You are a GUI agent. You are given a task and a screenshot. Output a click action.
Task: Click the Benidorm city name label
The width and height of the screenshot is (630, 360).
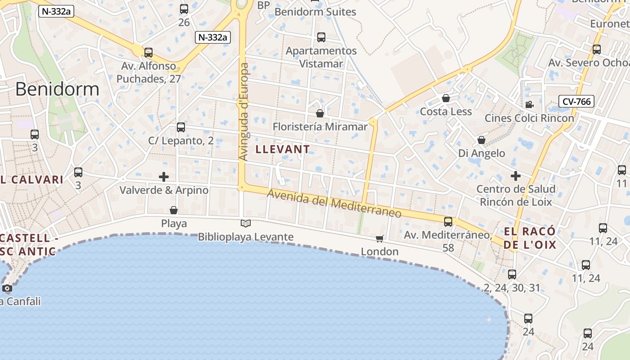click(57, 89)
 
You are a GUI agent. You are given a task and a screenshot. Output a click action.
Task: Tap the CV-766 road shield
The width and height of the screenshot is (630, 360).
click(576, 101)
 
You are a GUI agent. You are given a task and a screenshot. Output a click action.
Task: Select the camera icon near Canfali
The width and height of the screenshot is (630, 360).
click(7, 288)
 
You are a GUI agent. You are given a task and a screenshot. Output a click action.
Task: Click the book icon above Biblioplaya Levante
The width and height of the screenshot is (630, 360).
click(245, 223)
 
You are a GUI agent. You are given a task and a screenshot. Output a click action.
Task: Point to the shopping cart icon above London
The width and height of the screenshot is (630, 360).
click(380, 238)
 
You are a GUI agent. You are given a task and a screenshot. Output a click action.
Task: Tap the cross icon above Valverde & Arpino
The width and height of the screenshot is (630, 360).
click(164, 176)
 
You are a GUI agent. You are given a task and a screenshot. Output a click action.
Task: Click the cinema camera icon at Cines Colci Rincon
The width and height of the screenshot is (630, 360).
click(529, 104)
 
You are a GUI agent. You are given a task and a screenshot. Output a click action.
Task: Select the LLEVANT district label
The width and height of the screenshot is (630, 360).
click(283, 149)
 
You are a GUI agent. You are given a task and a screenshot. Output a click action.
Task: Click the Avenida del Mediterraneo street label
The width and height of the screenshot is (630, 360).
click(334, 203)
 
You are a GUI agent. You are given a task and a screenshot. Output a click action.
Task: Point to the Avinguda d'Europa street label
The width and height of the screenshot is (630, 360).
click(243, 112)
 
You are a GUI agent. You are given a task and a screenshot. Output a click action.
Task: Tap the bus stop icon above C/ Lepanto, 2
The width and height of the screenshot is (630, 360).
click(181, 127)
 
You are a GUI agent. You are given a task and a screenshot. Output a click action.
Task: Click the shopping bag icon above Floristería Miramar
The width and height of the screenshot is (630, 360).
click(320, 113)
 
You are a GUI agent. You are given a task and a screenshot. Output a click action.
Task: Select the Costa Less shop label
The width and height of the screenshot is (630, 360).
click(445, 112)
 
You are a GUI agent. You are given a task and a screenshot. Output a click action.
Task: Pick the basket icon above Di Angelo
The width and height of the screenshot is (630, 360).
click(481, 140)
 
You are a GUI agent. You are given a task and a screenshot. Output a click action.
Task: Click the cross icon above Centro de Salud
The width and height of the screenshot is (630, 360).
click(516, 175)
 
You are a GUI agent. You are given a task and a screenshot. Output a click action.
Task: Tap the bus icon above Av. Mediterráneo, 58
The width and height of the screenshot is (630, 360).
click(448, 221)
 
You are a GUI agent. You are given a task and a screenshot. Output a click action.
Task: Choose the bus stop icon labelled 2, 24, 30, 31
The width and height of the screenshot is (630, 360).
click(512, 274)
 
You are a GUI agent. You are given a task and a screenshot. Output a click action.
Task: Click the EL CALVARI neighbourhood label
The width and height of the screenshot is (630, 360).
click(31, 180)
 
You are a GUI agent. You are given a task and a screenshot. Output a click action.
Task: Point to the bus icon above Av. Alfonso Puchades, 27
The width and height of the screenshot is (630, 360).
click(148, 52)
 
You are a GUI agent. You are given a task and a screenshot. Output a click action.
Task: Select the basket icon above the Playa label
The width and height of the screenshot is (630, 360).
click(174, 210)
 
